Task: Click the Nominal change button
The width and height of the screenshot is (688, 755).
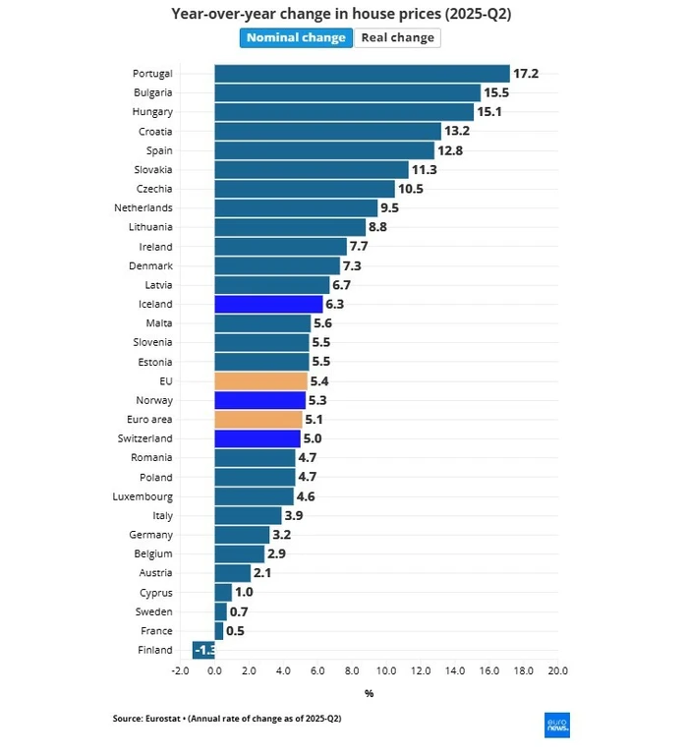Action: [296, 37]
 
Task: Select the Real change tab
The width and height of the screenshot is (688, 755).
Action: [397, 37]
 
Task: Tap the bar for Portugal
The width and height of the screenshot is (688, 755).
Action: [362, 74]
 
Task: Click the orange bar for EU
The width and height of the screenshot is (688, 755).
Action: [261, 381]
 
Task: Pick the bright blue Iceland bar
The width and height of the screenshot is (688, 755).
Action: [268, 305]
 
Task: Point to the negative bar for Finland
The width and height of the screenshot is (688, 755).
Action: [204, 650]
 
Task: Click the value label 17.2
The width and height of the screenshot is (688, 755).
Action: [526, 74]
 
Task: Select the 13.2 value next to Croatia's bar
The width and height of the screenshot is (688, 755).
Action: [457, 131]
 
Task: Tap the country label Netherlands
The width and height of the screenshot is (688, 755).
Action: [143, 208]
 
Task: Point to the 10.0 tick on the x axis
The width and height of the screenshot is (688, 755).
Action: [386, 670]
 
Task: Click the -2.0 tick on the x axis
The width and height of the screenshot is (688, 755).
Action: [180, 670]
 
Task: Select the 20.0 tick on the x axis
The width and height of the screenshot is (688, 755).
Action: [557, 670]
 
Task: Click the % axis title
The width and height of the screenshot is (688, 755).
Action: [369, 693]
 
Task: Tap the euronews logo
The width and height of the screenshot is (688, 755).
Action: [557, 725]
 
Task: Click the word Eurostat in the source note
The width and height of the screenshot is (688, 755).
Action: [167, 719]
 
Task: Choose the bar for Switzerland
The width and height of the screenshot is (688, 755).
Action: [258, 438]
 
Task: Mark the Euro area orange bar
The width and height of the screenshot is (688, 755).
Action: [258, 420]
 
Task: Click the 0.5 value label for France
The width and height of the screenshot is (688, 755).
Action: [235, 631]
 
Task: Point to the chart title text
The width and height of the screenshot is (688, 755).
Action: [341, 14]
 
